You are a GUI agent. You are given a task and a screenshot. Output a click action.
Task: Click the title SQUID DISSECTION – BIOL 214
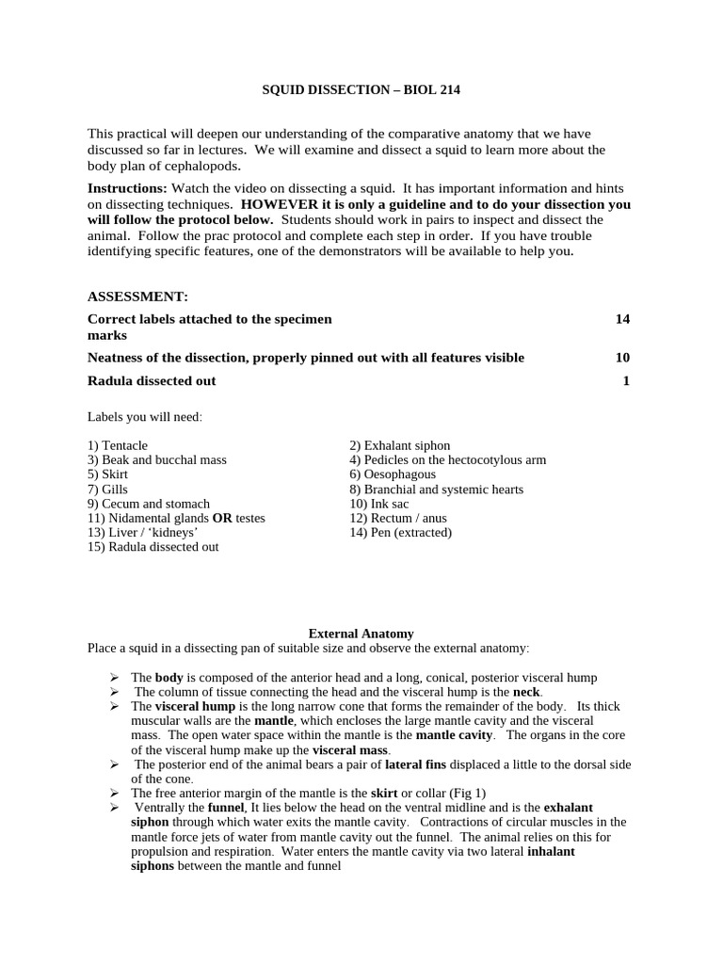click(x=361, y=90)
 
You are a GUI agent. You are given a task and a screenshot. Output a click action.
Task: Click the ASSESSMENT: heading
click(x=137, y=297)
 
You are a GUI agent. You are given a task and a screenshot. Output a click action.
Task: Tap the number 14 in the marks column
click(x=622, y=319)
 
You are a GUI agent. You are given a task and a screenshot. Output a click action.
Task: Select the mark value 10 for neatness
click(x=622, y=358)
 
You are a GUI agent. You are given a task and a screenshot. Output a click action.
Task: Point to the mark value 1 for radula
click(x=626, y=380)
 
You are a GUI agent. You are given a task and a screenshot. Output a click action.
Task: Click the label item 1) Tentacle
click(x=118, y=445)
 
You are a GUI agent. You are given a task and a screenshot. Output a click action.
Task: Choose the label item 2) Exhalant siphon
click(x=399, y=445)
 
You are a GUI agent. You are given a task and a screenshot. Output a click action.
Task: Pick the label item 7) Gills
click(x=107, y=490)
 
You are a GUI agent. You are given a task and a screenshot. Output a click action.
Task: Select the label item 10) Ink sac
click(x=378, y=504)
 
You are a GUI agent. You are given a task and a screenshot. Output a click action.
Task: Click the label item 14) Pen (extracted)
click(x=400, y=533)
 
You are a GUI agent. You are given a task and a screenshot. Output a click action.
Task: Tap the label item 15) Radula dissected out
click(x=153, y=547)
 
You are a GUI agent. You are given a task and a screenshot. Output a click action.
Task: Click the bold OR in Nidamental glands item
click(x=222, y=519)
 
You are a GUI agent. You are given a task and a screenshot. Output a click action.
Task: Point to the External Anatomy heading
click(x=361, y=635)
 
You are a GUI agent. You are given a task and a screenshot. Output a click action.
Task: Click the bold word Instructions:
click(x=127, y=188)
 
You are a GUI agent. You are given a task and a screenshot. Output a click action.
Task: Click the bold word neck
click(x=526, y=692)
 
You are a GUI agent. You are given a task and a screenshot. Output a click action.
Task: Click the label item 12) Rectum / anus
click(x=398, y=519)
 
